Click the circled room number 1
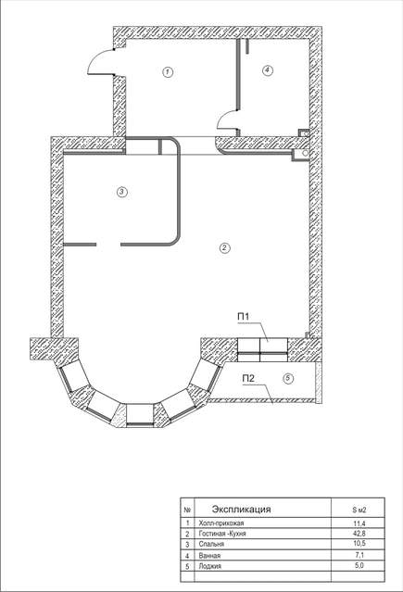(168, 71)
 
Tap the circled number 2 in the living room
(224, 247)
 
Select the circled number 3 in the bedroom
(121, 192)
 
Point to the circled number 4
(268, 70)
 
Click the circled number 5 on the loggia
(288, 378)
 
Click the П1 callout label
(244, 317)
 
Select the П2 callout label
(248, 378)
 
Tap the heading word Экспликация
(242, 509)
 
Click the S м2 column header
(359, 510)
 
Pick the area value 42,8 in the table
(359, 533)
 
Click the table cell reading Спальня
(211, 544)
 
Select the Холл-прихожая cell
(220, 523)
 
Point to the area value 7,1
(359, 555)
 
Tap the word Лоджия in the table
(209, 566)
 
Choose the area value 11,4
(359, 523)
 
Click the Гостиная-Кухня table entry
(222, 534)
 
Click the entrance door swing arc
(95, 59)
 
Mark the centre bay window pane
(140, 415)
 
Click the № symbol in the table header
(187, 510)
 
